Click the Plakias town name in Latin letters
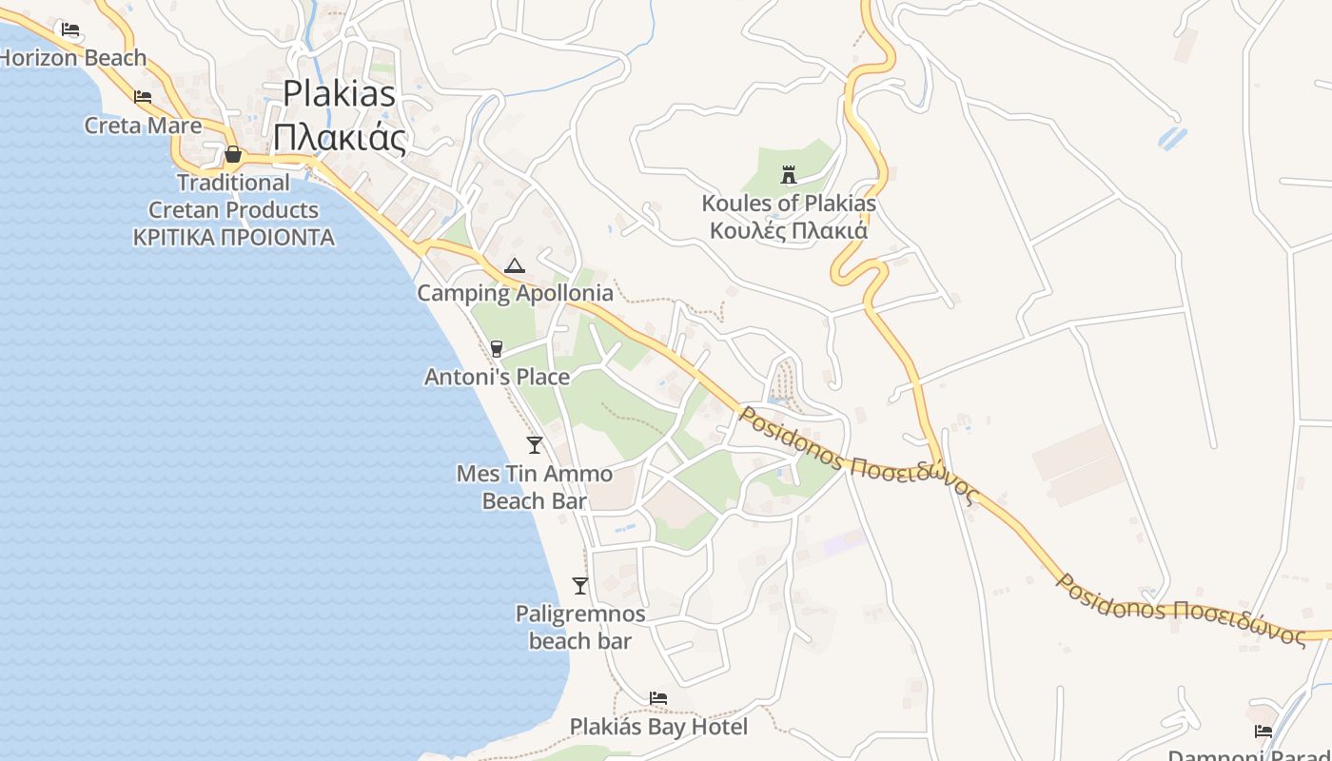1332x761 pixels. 340,93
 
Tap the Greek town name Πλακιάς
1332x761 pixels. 340,138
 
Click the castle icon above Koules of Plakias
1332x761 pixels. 788,174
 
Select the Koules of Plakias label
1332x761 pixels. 789,203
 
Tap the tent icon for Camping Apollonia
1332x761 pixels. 515,265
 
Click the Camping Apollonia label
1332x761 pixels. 515,293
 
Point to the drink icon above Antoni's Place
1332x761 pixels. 496,349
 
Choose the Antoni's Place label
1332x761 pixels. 497,377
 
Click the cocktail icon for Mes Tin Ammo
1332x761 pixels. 535,444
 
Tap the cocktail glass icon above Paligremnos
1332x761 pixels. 580,585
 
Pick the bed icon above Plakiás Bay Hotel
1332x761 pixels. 658,698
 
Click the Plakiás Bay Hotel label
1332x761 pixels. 658,727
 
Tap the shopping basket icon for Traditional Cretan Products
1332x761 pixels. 233,154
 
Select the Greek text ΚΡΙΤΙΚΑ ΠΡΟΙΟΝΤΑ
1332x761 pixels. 234,237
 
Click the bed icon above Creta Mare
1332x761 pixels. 143,97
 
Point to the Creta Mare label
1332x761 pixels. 143,125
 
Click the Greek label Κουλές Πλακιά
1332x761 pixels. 789,230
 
